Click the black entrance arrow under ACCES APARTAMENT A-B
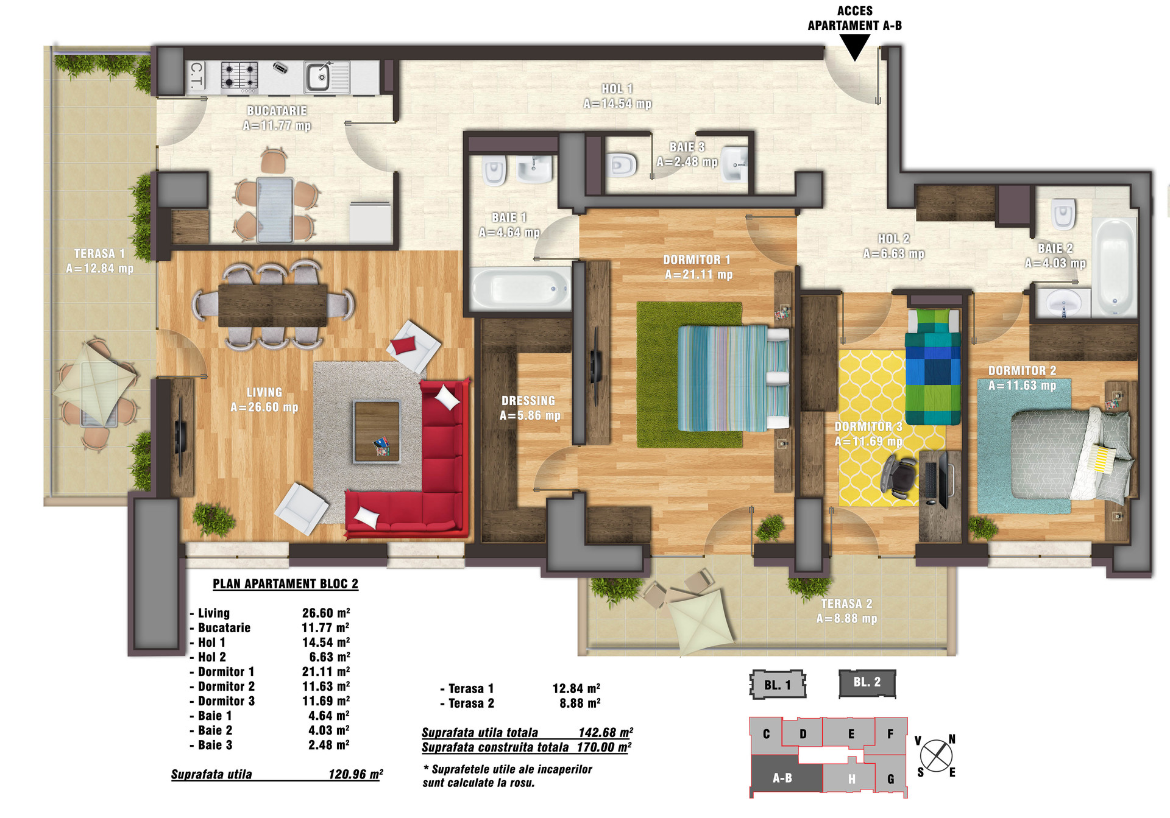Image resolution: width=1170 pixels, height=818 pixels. (855, 46)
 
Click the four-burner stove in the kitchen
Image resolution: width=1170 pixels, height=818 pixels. (239, 76)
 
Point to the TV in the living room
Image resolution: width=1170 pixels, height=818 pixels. (180, 435)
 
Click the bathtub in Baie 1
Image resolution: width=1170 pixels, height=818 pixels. (520, 289)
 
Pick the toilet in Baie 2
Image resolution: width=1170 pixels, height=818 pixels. (1063, 213)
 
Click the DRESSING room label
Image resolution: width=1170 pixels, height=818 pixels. (528, 408)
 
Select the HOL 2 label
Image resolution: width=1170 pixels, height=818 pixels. (894, 246)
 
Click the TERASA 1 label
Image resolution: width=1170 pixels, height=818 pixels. (99, 261)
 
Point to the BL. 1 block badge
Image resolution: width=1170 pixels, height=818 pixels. (778, 685)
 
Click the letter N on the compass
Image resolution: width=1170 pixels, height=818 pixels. (952, 739)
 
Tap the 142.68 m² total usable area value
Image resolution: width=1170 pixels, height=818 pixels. (606, 732)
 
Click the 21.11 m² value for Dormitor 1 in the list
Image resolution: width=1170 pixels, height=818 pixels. (326, 671)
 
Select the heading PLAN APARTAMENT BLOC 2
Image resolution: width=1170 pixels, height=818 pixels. (285, 584)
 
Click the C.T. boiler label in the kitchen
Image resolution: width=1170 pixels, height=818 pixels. (196, 76)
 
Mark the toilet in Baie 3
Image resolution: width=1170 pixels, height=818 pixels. (622, 164)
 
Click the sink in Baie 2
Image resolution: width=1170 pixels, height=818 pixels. (1063, 302)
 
